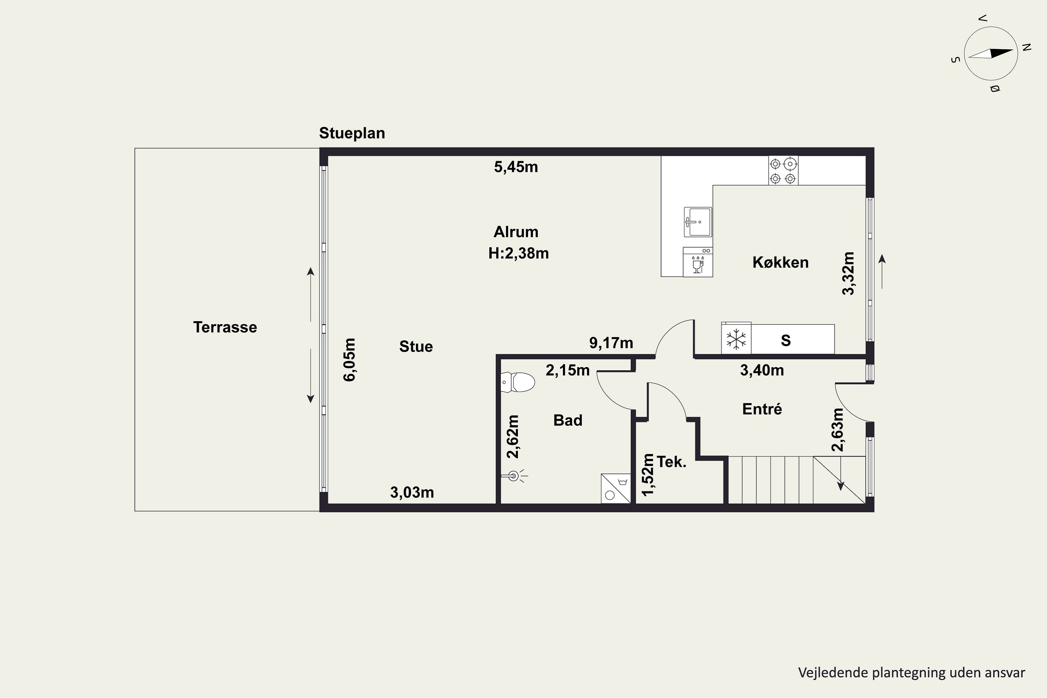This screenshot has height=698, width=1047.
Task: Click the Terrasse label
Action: click(x=225, y=327)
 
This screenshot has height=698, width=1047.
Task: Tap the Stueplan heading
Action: click(x=352, y=133)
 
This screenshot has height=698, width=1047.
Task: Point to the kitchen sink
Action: click(x=698, y=222)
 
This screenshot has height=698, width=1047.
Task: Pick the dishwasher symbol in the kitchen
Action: click(x=698, y=262)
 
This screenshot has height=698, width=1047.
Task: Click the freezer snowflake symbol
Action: click(x=736, y=339)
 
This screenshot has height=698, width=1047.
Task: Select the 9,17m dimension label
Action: click(x=611, y=343)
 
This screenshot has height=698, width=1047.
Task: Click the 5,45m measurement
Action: click(x=516, y=167)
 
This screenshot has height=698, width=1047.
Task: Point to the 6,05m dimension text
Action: click(x=349, y=360)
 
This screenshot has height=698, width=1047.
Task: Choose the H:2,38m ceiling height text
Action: click(x=519, y=253)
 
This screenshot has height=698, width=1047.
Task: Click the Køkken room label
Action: click(x=780, y=262)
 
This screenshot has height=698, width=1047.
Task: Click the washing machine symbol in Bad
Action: click(x=616, y=488)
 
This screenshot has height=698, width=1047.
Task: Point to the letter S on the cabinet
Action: click(x=786, y=341)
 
